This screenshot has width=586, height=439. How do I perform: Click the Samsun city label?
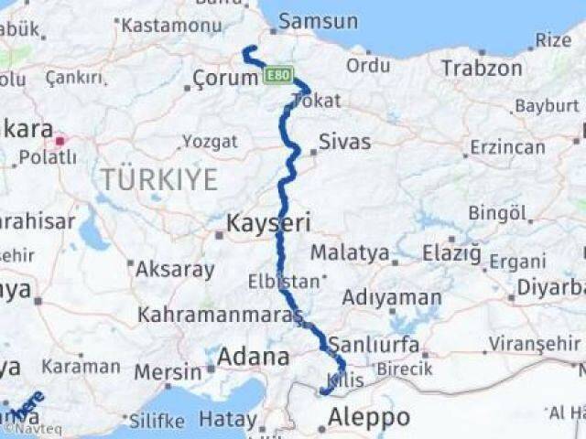(x=318, y=21)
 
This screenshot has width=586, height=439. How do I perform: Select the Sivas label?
(x=344, y=141)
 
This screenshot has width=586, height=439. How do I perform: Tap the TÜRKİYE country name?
(x=159, y=179)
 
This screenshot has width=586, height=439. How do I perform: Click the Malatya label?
(x=349, y=252)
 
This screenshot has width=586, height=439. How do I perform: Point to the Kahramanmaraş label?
(x=220, y=315)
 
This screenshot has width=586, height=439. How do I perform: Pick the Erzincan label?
(x=507, y=146)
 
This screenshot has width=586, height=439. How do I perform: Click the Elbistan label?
(x=287, y=281)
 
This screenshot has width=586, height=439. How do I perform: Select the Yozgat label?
(x=210, y=141)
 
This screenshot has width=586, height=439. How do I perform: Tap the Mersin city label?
(x=168, y=372)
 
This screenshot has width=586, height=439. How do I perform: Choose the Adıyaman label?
(x=391, y=297)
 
